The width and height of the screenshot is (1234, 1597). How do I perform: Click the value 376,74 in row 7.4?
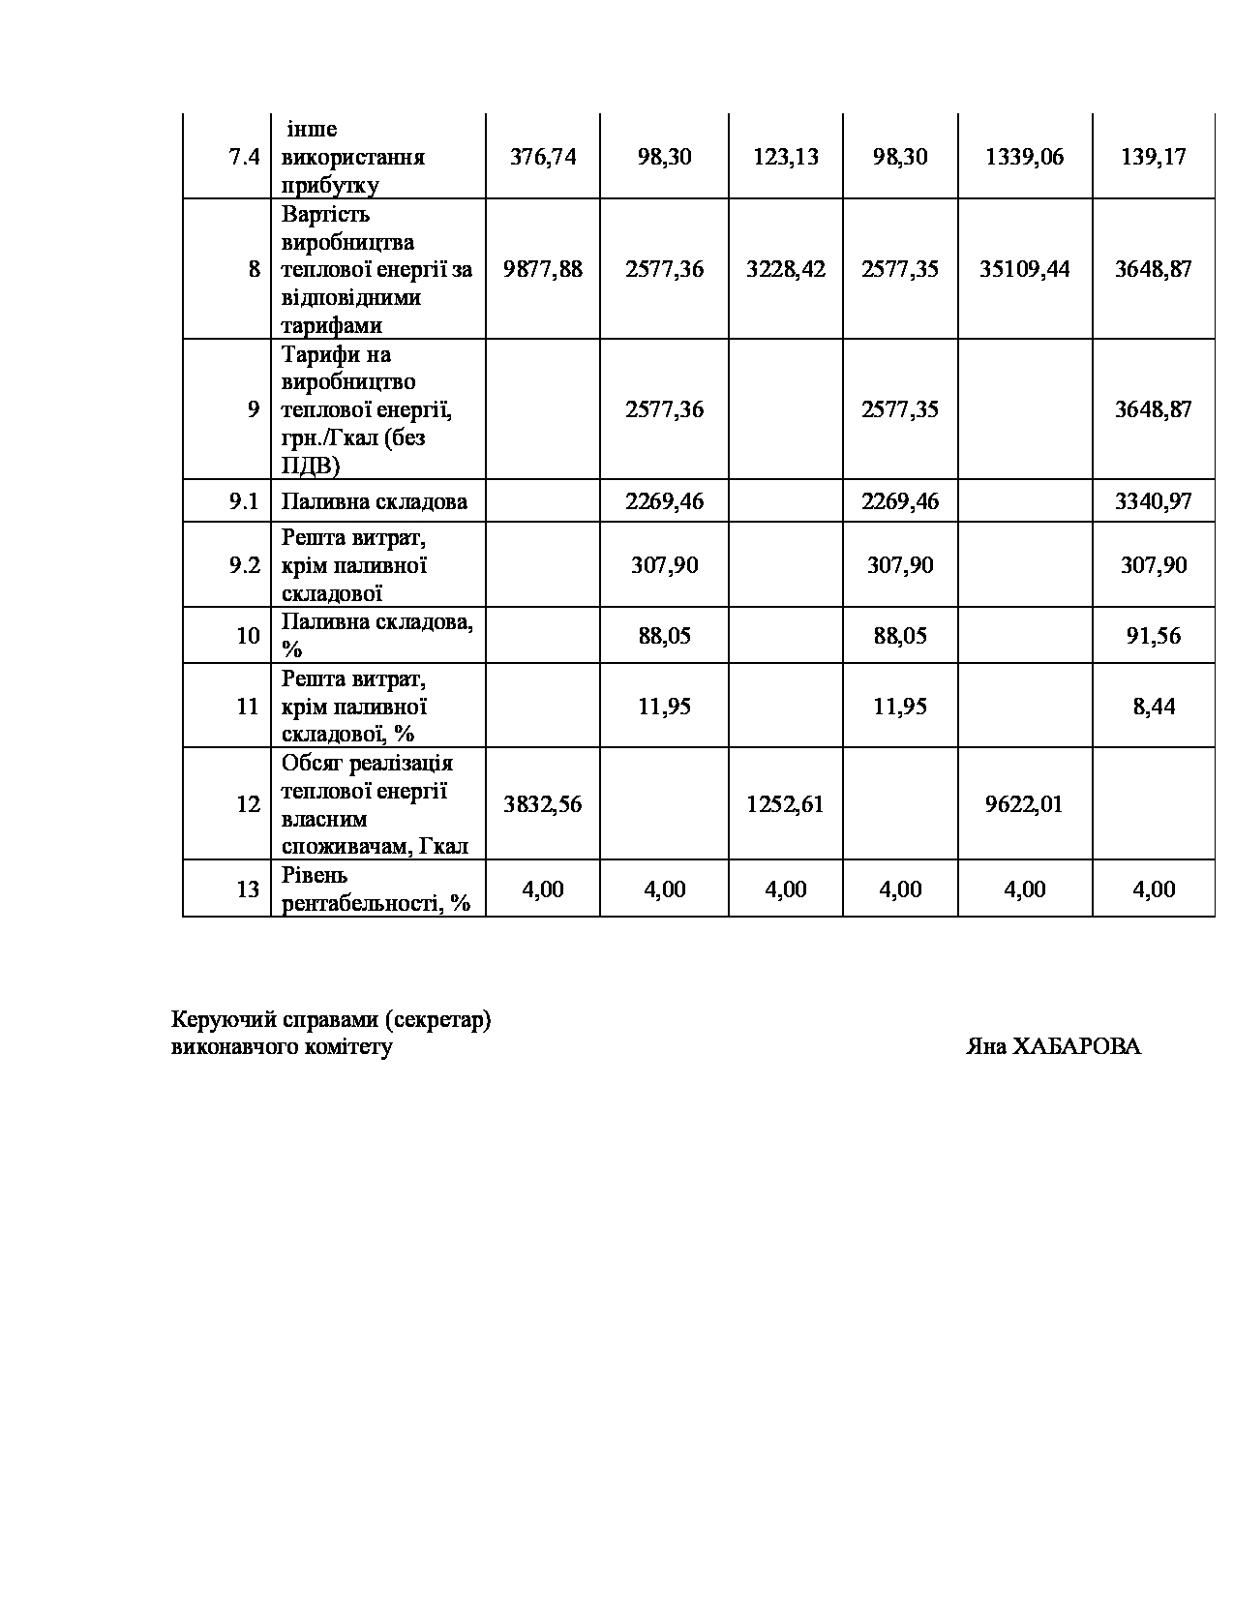point(542,157)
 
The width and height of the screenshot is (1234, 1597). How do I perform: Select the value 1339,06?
point(1024,157)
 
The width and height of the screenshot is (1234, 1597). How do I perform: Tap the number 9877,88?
point(542,269)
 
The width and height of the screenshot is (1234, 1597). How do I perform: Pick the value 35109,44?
point(1024,269)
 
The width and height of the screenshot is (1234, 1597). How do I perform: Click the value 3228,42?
point(785,269)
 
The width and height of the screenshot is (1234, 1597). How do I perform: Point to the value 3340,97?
point(1153,501)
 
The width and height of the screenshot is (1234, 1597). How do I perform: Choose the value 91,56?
point(1153,636)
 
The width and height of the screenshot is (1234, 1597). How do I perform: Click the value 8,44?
point(1154,707)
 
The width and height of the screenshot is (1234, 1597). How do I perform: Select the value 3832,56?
point(542,804)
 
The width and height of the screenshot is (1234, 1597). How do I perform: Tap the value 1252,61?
point(785,804)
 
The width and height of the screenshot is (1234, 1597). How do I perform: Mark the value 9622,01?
point(1024,804)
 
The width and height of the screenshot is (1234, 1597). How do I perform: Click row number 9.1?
point(245,501)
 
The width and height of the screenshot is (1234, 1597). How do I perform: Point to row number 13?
point(248,889)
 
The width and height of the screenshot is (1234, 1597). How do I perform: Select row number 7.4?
point(245,157)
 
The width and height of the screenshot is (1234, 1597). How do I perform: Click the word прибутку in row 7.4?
point(329,185)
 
